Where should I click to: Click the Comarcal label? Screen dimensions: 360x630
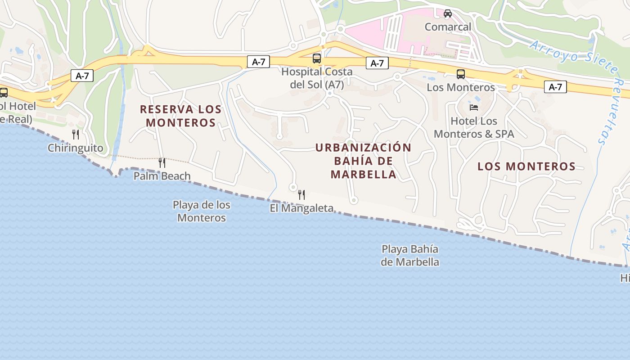(x=448, y=27)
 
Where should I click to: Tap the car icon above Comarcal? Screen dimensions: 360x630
(x=448, y=13)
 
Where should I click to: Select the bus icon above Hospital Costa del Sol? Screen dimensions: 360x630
(x=317, y=58)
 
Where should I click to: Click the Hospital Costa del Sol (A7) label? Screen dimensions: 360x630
(x=317, y=78)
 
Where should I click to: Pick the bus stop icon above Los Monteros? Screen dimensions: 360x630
(x=461, y=74)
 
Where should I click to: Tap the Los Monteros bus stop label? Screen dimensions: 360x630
(x=461, y=87)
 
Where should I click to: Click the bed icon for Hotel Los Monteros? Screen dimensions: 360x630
(x=474, y=107)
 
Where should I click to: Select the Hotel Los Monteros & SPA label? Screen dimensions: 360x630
(x=474, y=127)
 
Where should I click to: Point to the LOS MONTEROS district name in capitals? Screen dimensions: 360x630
(x=526, y=166)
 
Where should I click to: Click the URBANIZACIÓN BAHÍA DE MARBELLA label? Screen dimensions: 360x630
(x=364, y=161)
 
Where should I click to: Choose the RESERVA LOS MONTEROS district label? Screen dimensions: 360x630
(x=181, y=116)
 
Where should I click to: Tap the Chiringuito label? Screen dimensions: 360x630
(x=75, y=148)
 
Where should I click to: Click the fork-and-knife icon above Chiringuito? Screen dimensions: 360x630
(x=76, y=134)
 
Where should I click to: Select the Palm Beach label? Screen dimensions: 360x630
(x=162, y=176)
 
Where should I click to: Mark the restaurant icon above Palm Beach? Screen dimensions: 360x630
(x=162, y=162)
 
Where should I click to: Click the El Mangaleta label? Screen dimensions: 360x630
(x=301, y=208)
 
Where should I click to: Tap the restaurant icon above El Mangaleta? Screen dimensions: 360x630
(x=301, y=195)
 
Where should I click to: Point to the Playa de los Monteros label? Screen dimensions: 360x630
(x=202, y=211)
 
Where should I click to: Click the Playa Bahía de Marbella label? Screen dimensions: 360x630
(x=410, y=255)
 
